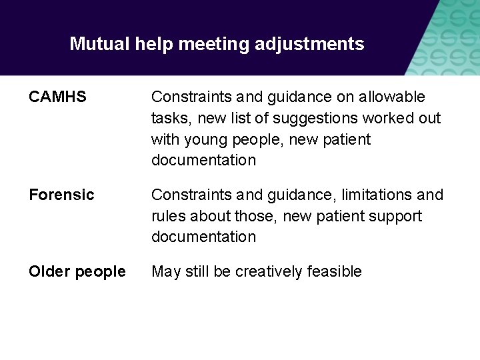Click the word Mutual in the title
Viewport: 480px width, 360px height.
(99, 44)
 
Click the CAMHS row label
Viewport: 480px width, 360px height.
(57, 97)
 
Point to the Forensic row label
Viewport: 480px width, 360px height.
(61, 195)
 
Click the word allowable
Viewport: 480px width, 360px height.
(392, 97)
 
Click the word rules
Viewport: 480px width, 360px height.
(169, 216)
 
